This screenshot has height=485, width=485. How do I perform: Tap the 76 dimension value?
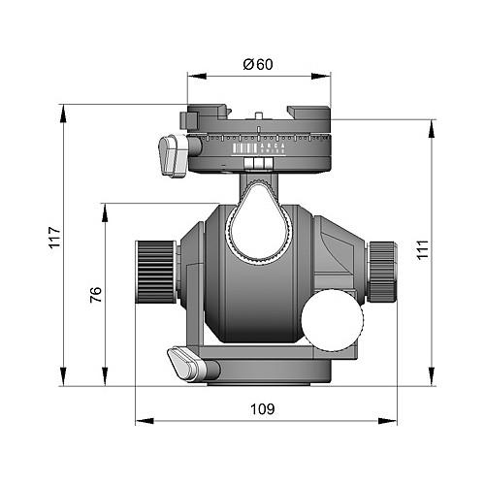(x=94, y=295)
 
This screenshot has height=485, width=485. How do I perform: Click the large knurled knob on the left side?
(x=153, y=272)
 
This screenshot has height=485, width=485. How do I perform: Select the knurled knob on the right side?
(x=381, y=270)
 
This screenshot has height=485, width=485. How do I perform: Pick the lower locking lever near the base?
(x=185, y=364)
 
